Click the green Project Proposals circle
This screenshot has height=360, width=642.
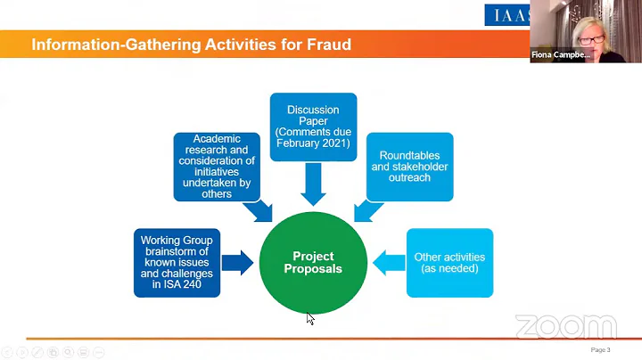tap(313, 263)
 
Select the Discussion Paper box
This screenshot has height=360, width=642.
tap(313, 127)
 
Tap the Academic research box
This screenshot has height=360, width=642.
tap(217, 167)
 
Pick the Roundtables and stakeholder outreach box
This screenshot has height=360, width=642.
tap(409, 167)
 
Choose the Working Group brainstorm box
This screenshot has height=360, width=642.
tap(177, 263)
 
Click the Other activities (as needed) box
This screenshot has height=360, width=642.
tap(449, 263)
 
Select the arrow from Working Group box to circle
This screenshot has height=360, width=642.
tap(237, 263)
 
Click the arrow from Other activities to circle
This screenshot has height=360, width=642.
tap(389, 263)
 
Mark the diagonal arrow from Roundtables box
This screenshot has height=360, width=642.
tap(366, 210)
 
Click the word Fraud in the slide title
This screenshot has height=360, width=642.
tap(325, 44)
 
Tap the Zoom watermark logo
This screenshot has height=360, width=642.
tap(565, 327)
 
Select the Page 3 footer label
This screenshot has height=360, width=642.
tap(600, 350)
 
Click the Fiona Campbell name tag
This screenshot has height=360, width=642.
tap(561, 55)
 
